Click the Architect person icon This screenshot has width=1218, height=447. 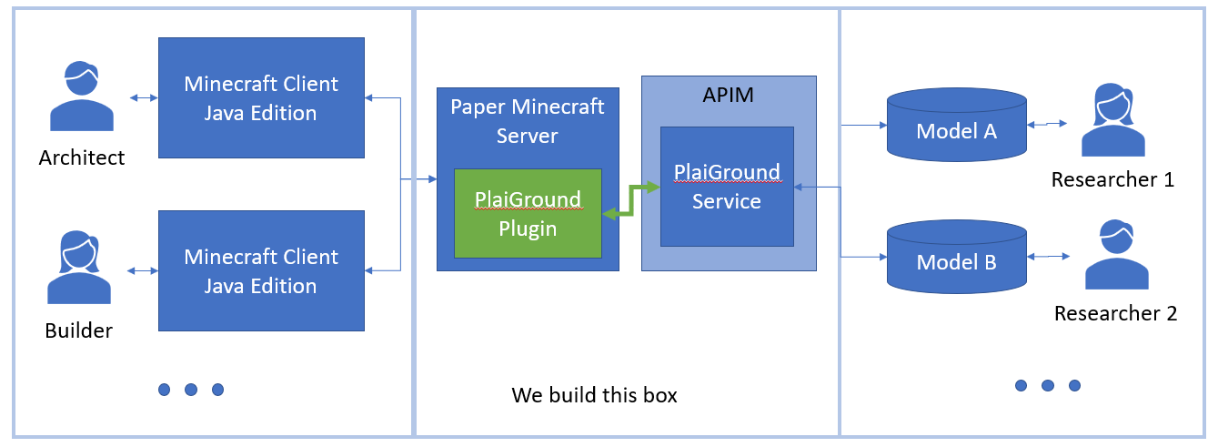(82, 98)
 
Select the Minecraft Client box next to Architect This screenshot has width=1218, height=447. (261, 97)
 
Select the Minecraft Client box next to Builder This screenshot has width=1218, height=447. (261, 270)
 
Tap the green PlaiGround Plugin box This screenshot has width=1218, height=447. (528, 213)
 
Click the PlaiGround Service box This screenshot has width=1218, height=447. (727, 186)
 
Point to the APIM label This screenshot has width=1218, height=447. (727, 95)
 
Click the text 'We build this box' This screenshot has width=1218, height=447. (594, 395)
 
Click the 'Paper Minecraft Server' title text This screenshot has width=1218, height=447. (528, 121)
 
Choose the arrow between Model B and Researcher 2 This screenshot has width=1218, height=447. (1053, 256)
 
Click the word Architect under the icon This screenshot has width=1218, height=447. (82, 158)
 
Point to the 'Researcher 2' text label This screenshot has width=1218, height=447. (1115, 314)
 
